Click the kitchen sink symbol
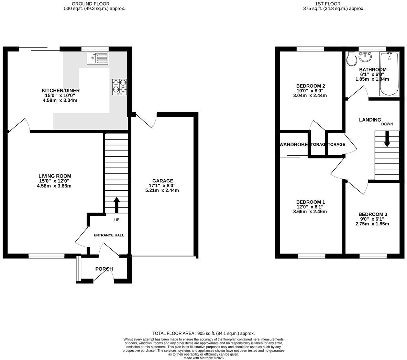tap(97, 58)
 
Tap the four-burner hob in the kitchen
tap(119, 87)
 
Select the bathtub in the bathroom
tap(389, 74)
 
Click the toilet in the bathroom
tap(351, 60)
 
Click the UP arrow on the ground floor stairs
tap(117, 205)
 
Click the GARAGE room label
tap(163, 181)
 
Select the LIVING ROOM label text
tap(55, 176)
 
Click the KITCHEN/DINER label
tap(60, 90)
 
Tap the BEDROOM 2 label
tap(310, 86)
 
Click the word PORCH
tap(104, 269)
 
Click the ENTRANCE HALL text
tap(109, 235)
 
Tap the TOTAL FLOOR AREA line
tap(203, 333)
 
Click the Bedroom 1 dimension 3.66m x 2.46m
tap(310, 212)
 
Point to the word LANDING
tap(370, 120)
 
